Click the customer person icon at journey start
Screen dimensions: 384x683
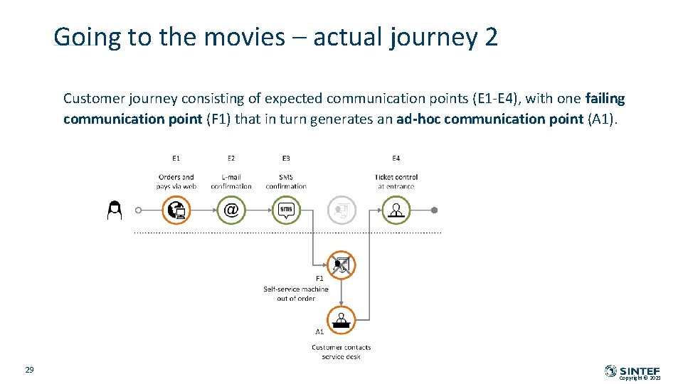point(114,210)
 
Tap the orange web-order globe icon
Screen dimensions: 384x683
point(176,210)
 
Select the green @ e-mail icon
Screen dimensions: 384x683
point(231,210)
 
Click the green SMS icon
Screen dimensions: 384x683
point(286,210)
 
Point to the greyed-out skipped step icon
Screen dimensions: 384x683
point(341,210)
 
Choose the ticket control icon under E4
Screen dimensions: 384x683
point(396,210)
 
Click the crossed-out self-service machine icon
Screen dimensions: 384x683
point(341,265)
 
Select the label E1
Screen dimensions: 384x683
point(176,158)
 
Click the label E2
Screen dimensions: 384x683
point(231,158)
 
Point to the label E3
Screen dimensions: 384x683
point(286,158)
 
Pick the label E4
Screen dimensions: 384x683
point(396,158)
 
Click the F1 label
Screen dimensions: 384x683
point(319,279)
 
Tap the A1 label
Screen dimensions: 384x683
point(319,331)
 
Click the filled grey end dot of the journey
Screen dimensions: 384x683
point(435,210)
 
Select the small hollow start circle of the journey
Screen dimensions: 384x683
point(138,210)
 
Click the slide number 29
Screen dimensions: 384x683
point(29,370)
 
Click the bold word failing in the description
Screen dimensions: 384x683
point(605,99)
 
